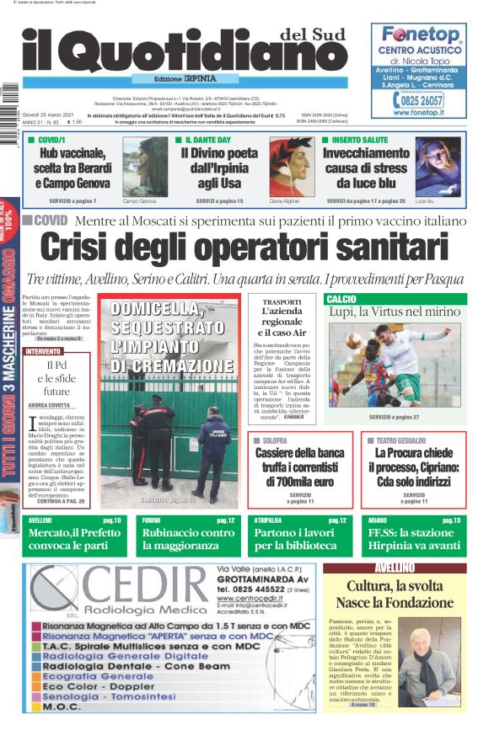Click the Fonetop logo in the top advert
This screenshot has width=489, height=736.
[x=419, y=36]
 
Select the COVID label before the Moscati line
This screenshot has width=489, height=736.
[x=46, y=221]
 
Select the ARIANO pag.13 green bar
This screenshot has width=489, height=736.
[x=414, y=521]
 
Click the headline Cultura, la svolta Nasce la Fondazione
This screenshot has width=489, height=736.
[x=395, y=595]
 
